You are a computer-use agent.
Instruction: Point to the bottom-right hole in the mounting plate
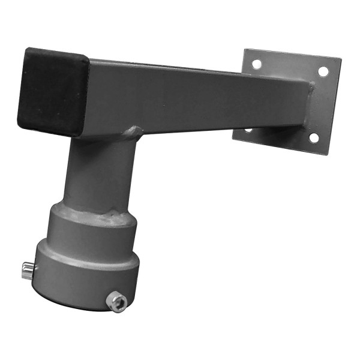coord(313,138)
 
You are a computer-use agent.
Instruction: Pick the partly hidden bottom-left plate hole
coord(248,130)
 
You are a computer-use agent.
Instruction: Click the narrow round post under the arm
coord(99,171)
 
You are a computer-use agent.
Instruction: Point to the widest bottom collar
coord(87,273)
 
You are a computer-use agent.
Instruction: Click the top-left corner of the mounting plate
coord(245,49)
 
